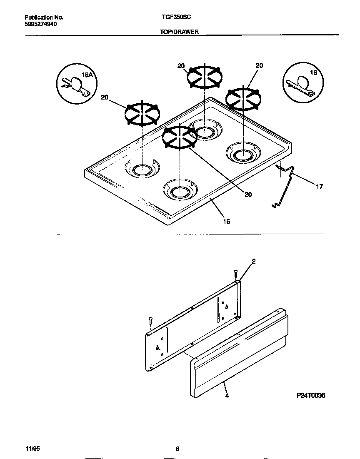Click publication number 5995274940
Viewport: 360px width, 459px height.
41,24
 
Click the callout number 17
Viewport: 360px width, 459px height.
319,187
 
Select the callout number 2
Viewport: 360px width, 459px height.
253,262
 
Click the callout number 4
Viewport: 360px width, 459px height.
227,396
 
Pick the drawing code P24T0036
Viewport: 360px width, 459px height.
310,396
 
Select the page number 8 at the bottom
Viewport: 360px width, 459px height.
177,449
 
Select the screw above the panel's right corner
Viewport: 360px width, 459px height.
236,274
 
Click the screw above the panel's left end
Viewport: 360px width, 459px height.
150,320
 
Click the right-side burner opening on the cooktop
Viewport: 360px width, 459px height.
242,155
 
